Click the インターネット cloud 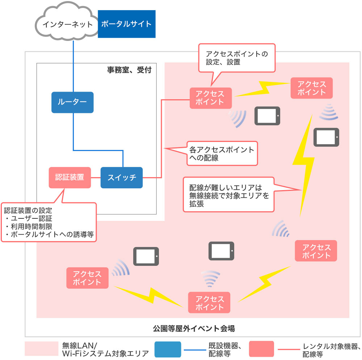coord(67,22)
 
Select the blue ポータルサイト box coord(126,24)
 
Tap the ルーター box coord(72,102)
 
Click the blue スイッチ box coord(122,177)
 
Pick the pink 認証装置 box coord(70,177)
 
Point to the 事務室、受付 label coord(129,70)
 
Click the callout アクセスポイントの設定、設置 coord(237,58)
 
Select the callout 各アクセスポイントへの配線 coord(222,153)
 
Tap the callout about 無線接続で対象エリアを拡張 coord(228,194)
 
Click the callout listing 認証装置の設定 coord(49,222)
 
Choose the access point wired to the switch coord(211,98)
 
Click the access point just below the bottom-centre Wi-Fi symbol coord(209,302)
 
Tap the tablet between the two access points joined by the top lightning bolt coord(268,116)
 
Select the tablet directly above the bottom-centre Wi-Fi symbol coord(221,251)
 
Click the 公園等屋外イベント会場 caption coord(194,328)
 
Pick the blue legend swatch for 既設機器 coord(168,349)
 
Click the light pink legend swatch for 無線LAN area coord(42,349)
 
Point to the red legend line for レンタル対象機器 coord(289,349)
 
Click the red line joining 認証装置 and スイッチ coord(96,177)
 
